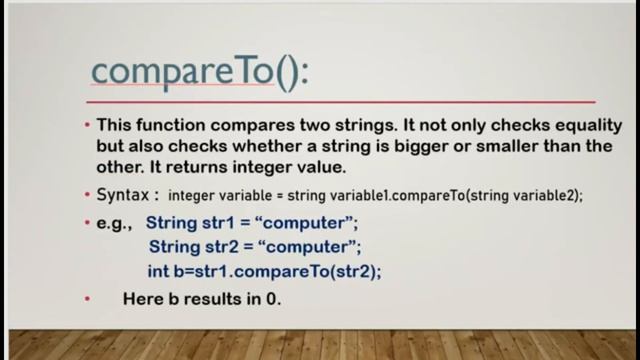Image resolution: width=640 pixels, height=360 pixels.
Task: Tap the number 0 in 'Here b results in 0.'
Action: (x=272, y=299)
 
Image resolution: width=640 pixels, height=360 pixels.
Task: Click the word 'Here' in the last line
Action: (x=141, y=299)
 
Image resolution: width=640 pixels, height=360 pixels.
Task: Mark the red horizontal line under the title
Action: (x=339, y=101)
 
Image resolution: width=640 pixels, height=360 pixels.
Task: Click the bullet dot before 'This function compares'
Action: (x=87, y=126)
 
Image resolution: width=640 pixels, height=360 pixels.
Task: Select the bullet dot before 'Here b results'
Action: (x=87, y=299)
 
